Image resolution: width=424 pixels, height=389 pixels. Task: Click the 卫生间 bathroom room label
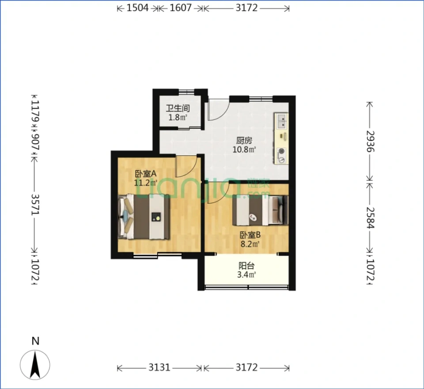click(178, 108)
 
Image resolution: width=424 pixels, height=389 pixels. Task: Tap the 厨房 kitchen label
click(244, 140)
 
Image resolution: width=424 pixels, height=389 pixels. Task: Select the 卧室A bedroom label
click(146, 174)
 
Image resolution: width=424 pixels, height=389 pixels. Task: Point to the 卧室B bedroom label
click(250, 235)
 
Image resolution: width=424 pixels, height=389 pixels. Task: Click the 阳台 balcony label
click(246, 266)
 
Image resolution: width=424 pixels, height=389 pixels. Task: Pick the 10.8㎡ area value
click(244, 149)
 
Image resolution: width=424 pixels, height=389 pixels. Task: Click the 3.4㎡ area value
click(246, 275)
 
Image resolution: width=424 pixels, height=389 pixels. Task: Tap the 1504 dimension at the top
click(137, 8)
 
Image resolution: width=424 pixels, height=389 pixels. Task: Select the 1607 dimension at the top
click(181, 8)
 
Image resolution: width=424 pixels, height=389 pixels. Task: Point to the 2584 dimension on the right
click(370, 217)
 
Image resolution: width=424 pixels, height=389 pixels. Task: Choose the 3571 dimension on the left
click(35, 204)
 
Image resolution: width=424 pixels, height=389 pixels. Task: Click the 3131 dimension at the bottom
click(159, 367)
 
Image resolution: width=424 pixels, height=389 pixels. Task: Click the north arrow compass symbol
click(35, 365)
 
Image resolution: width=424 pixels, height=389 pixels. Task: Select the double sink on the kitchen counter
click(281, 121)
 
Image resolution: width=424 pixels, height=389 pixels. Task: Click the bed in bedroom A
click(144, 217)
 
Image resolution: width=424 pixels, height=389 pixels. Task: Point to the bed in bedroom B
click(260, 210)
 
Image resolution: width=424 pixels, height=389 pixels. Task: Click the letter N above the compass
click(35, 341)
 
